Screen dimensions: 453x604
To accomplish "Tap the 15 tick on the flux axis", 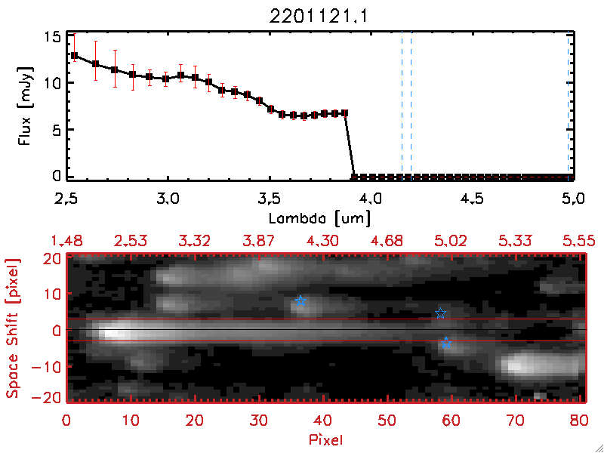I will coord(52,37).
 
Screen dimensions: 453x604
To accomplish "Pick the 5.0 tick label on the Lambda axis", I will coord(574,201).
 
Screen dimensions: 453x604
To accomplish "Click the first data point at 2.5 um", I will coord(74,55).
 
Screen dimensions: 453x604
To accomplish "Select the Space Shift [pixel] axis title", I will coord(13,328).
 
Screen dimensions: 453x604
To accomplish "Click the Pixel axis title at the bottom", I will coord(326,438).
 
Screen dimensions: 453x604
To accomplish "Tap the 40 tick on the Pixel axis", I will coord(323,419).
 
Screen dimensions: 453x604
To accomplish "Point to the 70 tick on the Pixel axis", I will coord(516,419).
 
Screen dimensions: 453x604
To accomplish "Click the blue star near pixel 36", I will coord(300,301).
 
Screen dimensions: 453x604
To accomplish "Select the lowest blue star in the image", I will coord(445,343).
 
